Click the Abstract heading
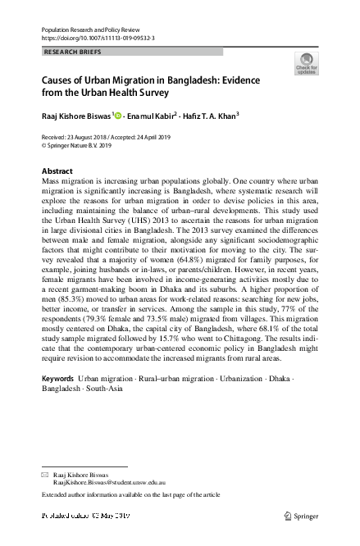57,171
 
